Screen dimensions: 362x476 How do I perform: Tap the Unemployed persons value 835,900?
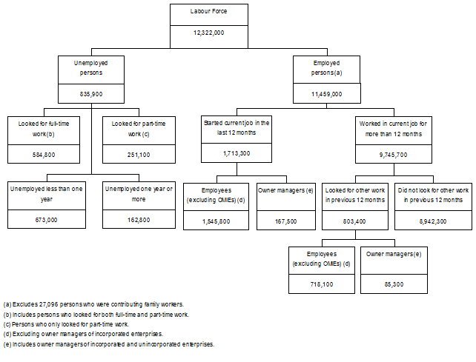pos(91,94)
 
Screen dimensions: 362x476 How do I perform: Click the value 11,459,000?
pos(327,94)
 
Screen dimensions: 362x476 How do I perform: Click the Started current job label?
pos(237,127)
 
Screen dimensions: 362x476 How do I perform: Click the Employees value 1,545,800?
pos(216,220)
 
